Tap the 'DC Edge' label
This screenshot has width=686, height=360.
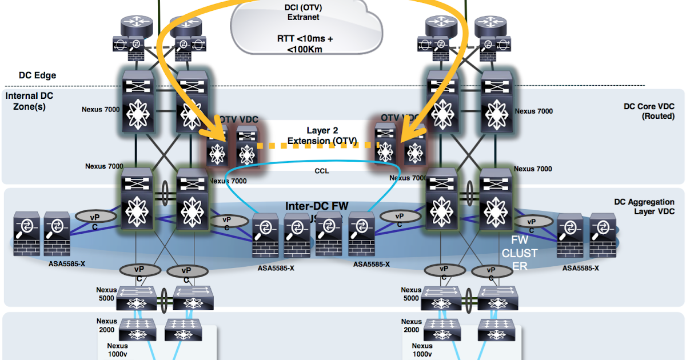[38, 75]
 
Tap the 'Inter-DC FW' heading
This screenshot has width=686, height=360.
[317, 206]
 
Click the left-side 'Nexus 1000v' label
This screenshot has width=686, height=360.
[118, 350]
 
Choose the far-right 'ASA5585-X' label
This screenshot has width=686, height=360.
[580, 268]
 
